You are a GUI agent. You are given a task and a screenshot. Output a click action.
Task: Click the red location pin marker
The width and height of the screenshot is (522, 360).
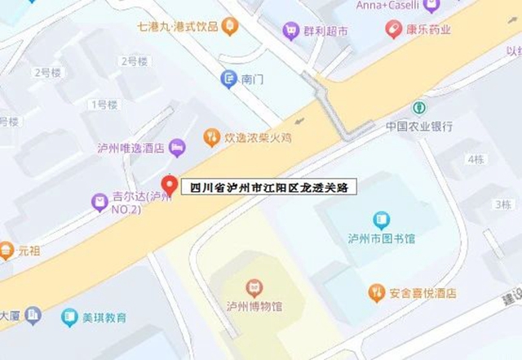169,185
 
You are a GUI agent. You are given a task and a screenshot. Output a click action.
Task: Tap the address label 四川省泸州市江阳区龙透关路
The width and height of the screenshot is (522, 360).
268,188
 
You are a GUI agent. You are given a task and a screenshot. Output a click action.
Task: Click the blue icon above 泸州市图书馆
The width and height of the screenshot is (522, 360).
381,220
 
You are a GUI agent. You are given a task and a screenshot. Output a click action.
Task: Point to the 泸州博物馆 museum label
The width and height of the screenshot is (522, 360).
254,307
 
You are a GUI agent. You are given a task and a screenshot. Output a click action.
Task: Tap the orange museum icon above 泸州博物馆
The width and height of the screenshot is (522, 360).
254,287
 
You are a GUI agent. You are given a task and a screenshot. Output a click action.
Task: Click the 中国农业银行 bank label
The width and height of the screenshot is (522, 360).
419,127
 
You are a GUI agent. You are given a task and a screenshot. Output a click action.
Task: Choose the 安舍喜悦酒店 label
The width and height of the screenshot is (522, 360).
422,293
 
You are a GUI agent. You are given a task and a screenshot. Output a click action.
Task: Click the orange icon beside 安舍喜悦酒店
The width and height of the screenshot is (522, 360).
376,293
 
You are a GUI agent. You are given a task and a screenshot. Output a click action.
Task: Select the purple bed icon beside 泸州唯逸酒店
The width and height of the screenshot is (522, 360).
177,147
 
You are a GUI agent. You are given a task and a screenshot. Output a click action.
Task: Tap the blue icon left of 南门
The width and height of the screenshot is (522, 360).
229,79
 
